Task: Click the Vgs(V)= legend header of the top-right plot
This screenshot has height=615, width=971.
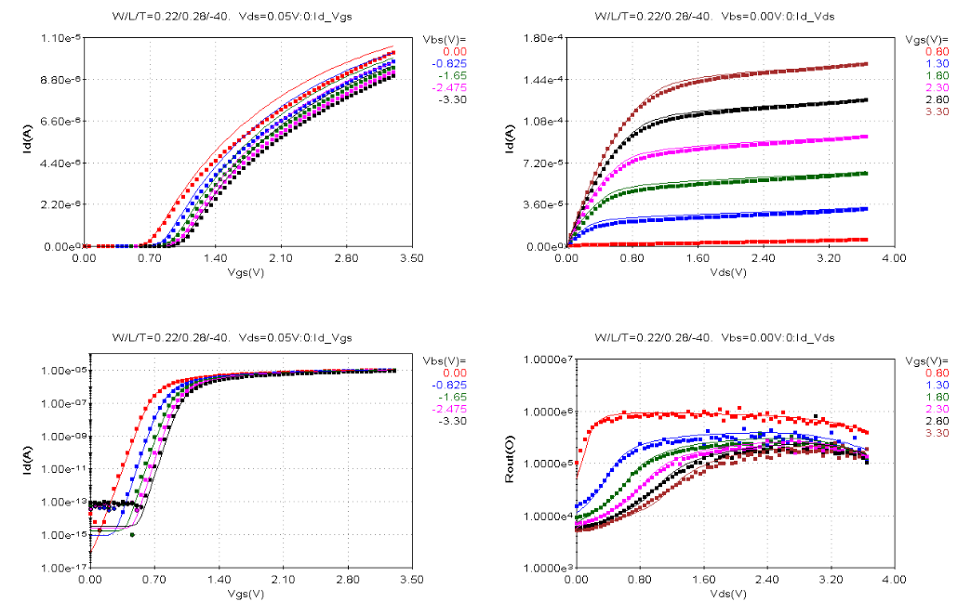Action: (926, 39)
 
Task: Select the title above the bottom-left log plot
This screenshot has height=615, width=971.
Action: (232, 336)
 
